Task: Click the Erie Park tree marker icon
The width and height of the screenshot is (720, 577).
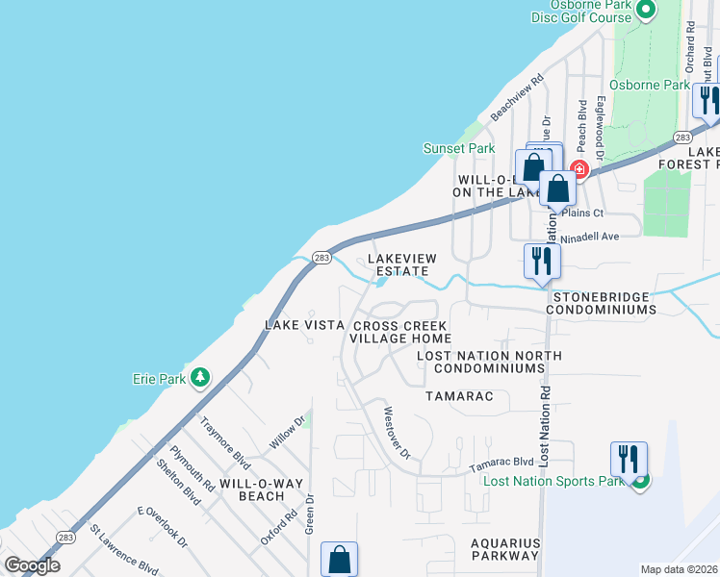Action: pos(200,378)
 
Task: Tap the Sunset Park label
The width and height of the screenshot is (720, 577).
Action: pos(459,148)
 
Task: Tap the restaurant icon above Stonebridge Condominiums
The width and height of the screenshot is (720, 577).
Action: pos(541,260)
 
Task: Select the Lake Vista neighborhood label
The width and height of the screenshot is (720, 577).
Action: pos(304,325)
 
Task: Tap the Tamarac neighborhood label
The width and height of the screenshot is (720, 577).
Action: pos(459,396)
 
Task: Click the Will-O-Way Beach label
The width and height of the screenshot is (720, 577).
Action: pos(252,489)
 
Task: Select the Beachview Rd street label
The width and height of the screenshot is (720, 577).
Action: pos(517,98)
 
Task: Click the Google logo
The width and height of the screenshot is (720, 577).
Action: pos(31,565)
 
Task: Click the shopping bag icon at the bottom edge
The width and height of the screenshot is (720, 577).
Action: pos(339,559)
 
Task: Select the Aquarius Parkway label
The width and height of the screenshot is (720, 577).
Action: pos(504,549)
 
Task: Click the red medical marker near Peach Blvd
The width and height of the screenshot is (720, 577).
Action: pos(579,170)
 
